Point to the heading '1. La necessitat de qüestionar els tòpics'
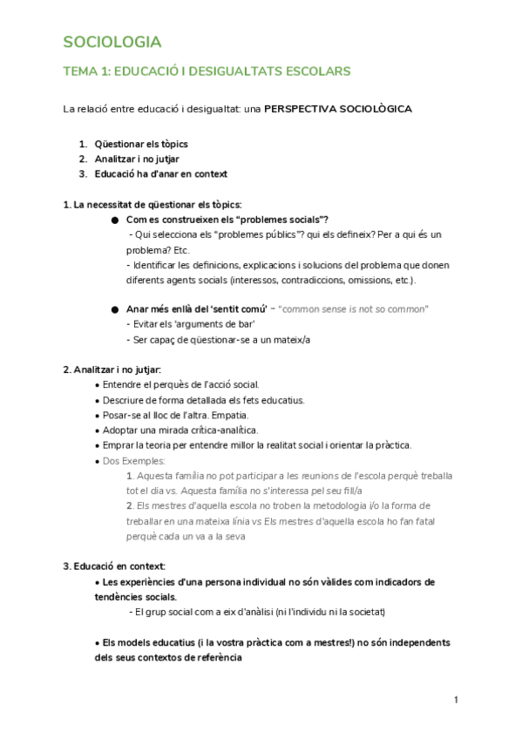pyautogui.click(x=152, y=204)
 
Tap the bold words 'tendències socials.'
pyautogui.click(x=133, y=597)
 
